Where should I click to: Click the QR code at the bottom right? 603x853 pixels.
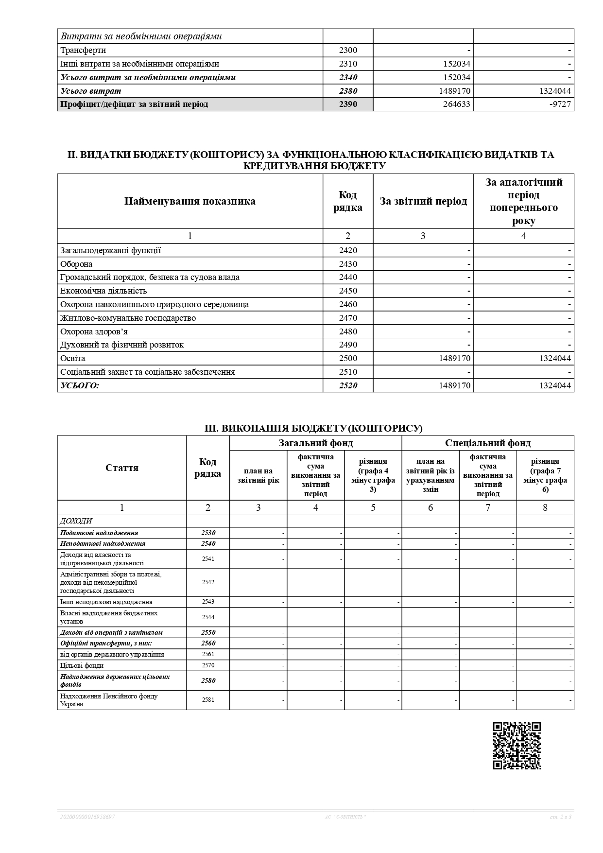517,746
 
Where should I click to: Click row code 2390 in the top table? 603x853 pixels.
348,104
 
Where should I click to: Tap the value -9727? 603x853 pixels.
560,104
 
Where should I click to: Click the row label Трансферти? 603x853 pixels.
83,50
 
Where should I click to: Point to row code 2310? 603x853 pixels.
348,64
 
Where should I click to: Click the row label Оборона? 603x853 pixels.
76,264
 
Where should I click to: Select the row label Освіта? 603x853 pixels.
73,358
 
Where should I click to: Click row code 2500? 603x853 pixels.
348,358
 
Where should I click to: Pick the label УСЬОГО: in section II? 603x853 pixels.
80,385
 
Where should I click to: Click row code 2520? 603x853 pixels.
348,385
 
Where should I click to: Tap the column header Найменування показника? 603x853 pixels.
190,201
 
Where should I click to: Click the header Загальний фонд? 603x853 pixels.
316,443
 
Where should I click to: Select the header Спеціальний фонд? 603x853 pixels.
488,443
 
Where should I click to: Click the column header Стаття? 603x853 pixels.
122,468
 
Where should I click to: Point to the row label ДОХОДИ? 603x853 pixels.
76,521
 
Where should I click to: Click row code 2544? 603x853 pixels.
208,617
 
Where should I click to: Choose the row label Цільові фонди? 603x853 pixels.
82,665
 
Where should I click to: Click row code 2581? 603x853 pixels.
208,700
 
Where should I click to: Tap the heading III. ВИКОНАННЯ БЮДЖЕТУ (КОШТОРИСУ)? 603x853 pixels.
313,428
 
